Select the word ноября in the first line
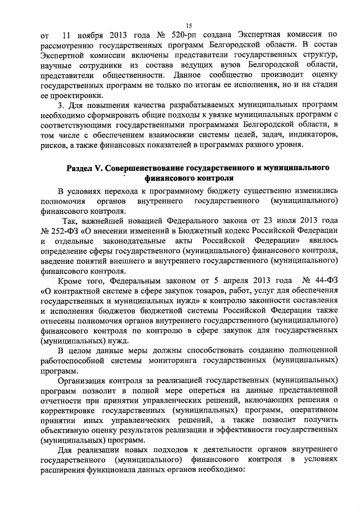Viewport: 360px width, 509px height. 90,37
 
